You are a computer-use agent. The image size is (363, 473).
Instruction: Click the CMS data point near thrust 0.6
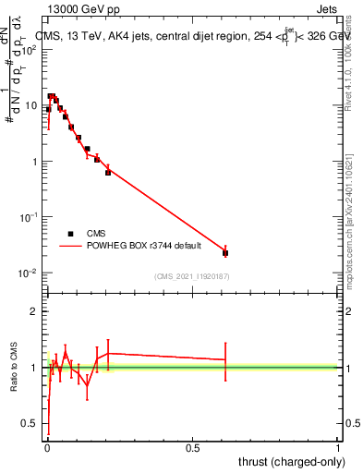pyautogui.click(x=225, y=252)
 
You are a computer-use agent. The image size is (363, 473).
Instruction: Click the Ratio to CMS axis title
pyautogui.click(x=16, y=369)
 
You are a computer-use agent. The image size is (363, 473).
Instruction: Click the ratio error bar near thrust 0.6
pyautogui.click(x=225, y=359)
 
